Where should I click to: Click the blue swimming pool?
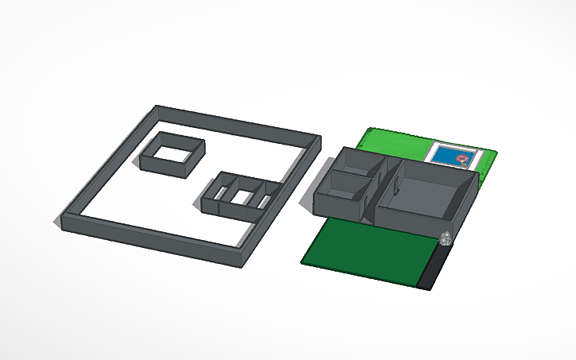tap(450, 154)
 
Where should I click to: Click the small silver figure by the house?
tap(446, 237)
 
